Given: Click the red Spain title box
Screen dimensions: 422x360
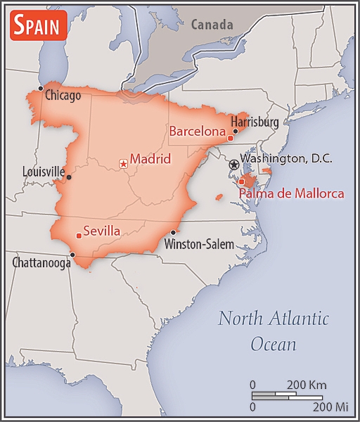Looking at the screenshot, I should [39, 26].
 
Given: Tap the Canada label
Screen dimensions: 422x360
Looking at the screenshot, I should [212, 25].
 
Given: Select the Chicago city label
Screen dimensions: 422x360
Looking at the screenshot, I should [63, 95].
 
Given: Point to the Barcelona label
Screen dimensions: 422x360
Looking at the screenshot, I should [198, 131].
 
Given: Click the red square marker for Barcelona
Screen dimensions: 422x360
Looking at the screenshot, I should [230, 139].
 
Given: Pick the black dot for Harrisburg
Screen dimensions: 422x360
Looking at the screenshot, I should [236, 130].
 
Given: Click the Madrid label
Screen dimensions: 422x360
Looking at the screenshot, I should [150, 159].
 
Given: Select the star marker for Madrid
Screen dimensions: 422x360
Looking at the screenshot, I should [124, 163].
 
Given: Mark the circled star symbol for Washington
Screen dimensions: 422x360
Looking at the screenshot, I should [233, 164].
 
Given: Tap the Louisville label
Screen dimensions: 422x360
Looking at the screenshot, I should [43, 171].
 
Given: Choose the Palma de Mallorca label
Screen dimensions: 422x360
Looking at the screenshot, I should [292, 193].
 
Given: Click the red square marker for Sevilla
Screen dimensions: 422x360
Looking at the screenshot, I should [77, 236].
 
